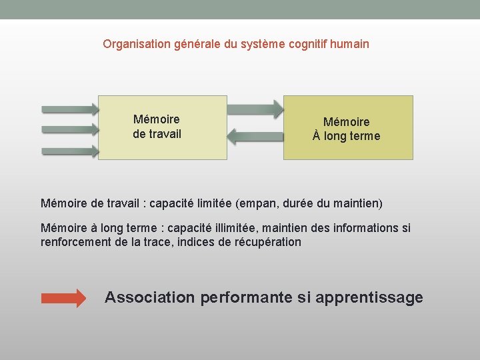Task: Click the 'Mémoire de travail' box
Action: pyautogui.click(x=163, y=127)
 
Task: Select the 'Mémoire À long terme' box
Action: pyautogui.click(x=348, y=127)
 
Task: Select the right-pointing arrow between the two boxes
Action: pyautogui.click(x=255, y=107)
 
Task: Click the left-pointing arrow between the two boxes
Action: pyautogui.click(x=255, y=137)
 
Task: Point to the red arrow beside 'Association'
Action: pyautogui.click(x=64, y=298)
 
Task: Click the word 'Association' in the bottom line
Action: pyautogui.click(x=150, y=297)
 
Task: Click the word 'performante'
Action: pyautogui.click(x=246, y=297)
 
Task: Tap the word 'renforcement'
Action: pyautogui.click(x=75, y=242)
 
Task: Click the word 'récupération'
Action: pyautogui.click(x=268, y=242)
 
